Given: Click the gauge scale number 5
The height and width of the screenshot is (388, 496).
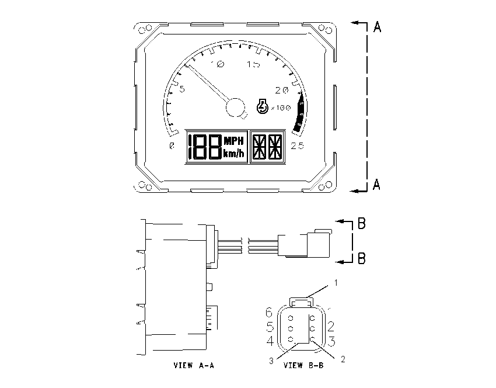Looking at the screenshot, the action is (x=182, y=89).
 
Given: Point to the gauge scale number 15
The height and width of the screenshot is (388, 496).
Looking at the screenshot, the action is (x=254, y=64).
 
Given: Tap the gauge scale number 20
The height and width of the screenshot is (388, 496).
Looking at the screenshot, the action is (x=282, y=90).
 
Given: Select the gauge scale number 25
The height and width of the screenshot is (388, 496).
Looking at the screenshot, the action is (x=298, y=145).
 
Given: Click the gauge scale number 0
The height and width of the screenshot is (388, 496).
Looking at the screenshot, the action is (x=172, y=145).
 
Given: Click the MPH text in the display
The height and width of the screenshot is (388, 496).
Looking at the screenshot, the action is (x=234, y=140).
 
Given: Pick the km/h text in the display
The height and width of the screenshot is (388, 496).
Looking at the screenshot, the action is (x=234, y=154).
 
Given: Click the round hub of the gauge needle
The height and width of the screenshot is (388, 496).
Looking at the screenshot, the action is (x=235, y=107).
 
